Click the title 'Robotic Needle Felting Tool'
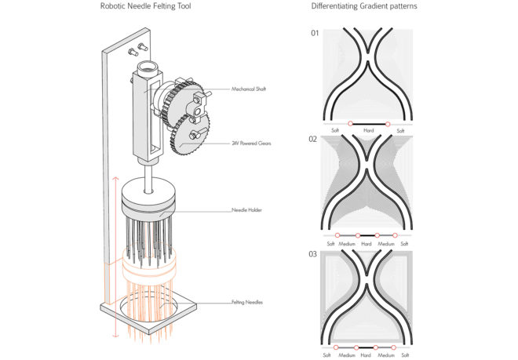pyautogui.click(x=146, y=6)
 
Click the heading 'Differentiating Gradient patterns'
pyautogui.click(x=364, y=6)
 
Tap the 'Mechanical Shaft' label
pyautogui.click(x=249, y=89)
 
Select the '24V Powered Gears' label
pyautogui.click(x=251, y=144)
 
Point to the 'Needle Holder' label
pyautogui.click(x=246, y=209)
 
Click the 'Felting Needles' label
pyautogui.click(x=247, y=302)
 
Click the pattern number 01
pyautogui.click(x=315, y=33)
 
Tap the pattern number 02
pyautogui.click(x=312, y=139)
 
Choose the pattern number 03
pyautogui.click(x=312, y=254)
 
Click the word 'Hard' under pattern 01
pyautogui.click(x=368, y=130)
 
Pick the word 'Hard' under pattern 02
pyautogui.click(x=366, y=244)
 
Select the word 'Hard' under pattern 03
pyautogui.click(x=366, y=355)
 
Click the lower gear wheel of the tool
pyautogui.click(x=190, y=134)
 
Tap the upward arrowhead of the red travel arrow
pyautogui.click(x=115, y=180)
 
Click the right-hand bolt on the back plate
pyautogui.click(x=143, y=47)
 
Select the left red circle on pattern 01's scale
pyautogui.click(x=350, y=123)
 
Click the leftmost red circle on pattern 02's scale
pyautogui.click(x=337, y=235)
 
